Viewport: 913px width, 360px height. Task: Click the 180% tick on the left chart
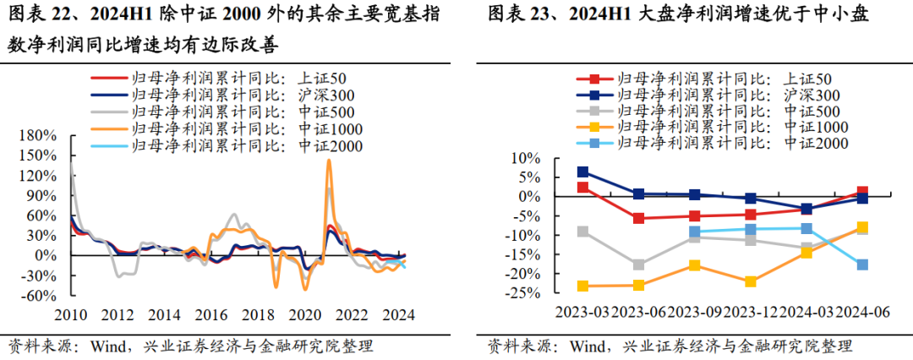click(x=39, y=135)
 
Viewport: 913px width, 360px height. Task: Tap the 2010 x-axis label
click(x=73, y=315)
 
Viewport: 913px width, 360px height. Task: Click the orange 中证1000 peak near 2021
click(x=329, y=161)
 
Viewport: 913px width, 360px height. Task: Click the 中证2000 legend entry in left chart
click(x=245, y=145)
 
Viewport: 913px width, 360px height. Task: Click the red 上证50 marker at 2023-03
click(x=582, y=187)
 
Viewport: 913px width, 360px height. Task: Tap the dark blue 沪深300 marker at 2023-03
click(x=582, y=172)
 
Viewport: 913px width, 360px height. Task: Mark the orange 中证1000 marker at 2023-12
click(x=750, y=281)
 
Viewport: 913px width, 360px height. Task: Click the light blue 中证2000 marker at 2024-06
click(x=861, y=265)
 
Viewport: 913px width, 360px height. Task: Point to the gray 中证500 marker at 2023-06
click(x=638, y=265)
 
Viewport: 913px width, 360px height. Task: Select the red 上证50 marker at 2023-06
click(x=638, y=218)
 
